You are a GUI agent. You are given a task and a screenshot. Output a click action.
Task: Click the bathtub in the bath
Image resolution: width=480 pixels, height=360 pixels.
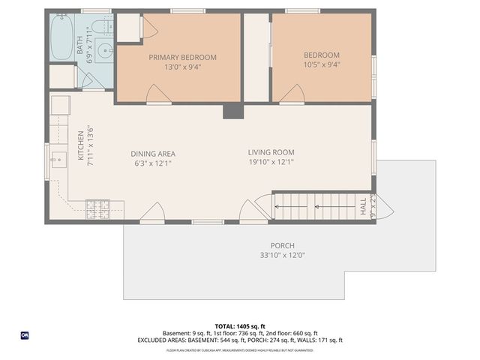(x=61, y=37)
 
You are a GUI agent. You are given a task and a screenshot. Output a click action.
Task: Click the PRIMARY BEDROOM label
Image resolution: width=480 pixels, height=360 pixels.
(x=182, y=57)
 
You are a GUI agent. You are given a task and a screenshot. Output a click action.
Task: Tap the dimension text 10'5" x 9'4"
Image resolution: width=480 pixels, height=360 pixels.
(x=322, y=66)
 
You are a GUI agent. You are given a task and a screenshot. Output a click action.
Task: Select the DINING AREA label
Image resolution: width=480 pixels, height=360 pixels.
(x=154, y=154)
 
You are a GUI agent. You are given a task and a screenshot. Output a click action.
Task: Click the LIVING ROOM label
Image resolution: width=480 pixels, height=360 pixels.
(x=271, y=152)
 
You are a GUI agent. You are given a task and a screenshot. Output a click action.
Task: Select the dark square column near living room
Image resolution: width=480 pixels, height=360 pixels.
(x=232, y=111)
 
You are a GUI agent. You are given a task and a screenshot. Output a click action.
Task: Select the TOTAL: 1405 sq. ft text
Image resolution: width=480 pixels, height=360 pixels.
(x=240, y=325)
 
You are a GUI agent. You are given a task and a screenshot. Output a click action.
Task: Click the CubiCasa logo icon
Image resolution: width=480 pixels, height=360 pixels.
(x=25, y=335)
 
